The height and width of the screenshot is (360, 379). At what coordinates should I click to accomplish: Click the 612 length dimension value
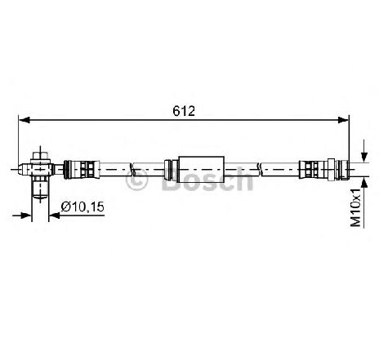pyautogui.click(x=184, y=111)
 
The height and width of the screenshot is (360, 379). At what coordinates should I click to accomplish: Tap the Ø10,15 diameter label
pyautogui.click(x=82, y=207)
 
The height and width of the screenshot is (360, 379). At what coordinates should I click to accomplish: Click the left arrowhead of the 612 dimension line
pyautogui.click(x=25, y=120)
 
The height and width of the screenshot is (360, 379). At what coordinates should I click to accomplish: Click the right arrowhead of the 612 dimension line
pyautogui.click(x=343, y=120)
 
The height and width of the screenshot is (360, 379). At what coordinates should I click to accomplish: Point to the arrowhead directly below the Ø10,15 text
pyautogui.click(x=55, y=216)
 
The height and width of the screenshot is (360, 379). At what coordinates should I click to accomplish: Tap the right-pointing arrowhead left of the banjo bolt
pyautogui.click(x=26, y=216)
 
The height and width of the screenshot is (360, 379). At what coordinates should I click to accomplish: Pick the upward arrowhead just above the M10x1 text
pyautogui.click(x=364, y=182)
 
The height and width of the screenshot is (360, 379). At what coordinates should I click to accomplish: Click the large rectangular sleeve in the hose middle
pyautogui.click(x=201, y=169)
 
